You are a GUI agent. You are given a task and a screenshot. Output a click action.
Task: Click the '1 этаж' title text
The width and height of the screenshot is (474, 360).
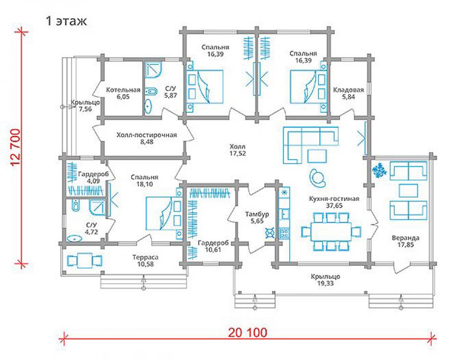(66, 21)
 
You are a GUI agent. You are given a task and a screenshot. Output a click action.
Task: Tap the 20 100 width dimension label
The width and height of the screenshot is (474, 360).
(247, 333)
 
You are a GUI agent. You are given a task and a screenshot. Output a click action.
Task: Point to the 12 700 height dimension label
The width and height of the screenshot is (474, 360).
(16, 147)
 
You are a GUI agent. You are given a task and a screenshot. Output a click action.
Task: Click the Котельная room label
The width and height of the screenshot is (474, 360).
(123, 90)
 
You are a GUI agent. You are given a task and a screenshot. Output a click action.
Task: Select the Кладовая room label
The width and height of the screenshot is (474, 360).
(348, 90)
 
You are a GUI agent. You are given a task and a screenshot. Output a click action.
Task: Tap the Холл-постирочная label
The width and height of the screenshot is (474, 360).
(146, 135)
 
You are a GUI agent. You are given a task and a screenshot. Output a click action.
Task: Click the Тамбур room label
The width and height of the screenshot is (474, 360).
(257, 214)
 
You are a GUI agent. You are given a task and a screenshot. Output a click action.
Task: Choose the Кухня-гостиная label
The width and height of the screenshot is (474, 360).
(334, 199)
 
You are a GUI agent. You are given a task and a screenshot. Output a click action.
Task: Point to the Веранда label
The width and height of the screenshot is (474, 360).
(406, 238)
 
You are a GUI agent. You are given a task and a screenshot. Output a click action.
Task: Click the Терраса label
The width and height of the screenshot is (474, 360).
(146, 257)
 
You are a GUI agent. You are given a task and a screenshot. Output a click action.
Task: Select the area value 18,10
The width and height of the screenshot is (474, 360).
(145, 184)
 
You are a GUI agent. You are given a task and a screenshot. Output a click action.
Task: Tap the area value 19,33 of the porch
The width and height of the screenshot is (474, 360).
(326, 283)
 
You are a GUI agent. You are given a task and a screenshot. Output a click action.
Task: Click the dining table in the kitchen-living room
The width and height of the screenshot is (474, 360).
(331, 232)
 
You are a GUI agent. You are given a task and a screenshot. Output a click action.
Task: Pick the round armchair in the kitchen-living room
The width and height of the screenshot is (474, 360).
(318, 177)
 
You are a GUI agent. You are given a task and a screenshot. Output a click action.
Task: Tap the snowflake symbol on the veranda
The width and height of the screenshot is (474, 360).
(379, 171)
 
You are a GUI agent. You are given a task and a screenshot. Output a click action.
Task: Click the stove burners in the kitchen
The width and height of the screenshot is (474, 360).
(284, 233)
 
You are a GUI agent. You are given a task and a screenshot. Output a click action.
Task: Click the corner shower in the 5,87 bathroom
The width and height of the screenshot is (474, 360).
(153, 70)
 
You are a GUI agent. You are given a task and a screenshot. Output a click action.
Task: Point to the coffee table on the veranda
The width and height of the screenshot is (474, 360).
(409, 190)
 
